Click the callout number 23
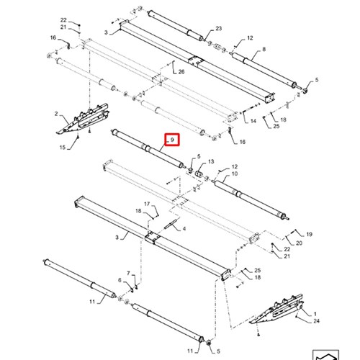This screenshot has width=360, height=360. pyautogui.click(x=218, y=29)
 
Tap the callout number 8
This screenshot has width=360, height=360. pyautogui.click(x=264, y=49)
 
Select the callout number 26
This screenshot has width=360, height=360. pyautogui.click(x=181, y=71)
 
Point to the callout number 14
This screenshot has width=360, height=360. pyautogui.click(x=253, y=121)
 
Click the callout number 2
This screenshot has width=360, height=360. pyautogui.click(x=56, y=114)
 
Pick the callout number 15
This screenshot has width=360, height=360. pyautogui.click(x=63, y=147)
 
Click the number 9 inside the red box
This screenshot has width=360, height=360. pyautogui.click(x=172, y=140)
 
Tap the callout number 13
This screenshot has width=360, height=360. pyautogui.click(x=211, y=161)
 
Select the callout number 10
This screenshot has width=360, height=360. pyautogui.click(x=235, y=174)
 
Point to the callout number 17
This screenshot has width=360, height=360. pyautogui.click(x=147, y=204)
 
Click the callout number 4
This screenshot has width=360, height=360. pyautogui.click(x=184, y=228)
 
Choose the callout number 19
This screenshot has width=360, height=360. pyautogui.click(x=310, y=234)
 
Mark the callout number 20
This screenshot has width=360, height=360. pyautogui.click(x=299, y=243)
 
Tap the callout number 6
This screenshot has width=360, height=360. pyautogui.click(x=120, y=280)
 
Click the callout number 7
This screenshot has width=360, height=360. pyautogui.click(x=128, y=273)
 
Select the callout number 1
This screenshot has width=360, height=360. pyautogui.click(x=315, y=314)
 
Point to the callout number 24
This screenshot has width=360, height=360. pyautogui.click(x=316, y=321)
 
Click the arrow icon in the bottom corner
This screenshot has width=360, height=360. pyautogui.click(x=325, y=356)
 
